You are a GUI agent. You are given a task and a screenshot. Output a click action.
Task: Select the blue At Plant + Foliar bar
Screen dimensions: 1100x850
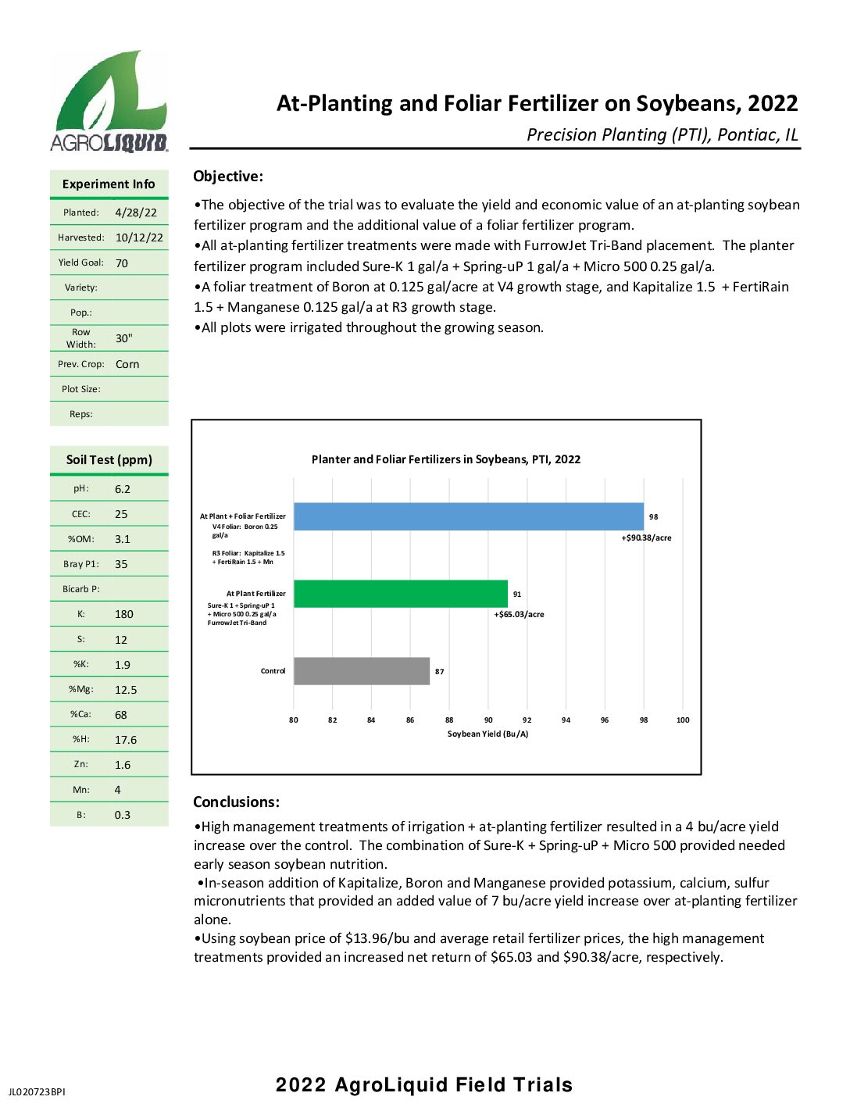pyautogui.click(x=468, y=516)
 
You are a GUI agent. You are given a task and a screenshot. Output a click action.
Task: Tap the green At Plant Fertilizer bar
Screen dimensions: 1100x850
pyautogui.click(x=400, y=594)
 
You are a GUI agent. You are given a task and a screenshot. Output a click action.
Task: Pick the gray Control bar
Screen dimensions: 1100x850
pyautogui.click(x=361, y=671)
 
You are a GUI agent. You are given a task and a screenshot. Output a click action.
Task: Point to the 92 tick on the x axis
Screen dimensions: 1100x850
pyautogui.click(x=527, y=720)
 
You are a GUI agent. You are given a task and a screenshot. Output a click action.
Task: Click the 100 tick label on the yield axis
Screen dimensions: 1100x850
pyautogui.click(x=682, y=720)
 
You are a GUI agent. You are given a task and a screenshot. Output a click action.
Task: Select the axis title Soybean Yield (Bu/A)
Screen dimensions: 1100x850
pyautogui.click(x=487, y=734)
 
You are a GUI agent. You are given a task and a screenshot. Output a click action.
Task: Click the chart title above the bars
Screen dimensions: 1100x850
pyautogui.click(x=445, y=459)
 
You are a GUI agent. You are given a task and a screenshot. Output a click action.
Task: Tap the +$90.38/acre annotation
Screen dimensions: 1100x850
pyautogui.click(x=646, y=537)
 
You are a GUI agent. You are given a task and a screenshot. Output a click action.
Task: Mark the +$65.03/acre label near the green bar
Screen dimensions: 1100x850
pyautogui.click(x=519, y=614)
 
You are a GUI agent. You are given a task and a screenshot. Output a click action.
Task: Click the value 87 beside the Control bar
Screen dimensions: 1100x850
pyautogui.click(x=440, y=672)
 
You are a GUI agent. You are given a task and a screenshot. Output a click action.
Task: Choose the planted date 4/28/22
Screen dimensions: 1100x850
pyautogui.click(x=136, y=212)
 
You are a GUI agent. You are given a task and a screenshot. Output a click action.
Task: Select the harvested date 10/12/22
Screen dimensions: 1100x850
pyautogui.click(x=139, y=237)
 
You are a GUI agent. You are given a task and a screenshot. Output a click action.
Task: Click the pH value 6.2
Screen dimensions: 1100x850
pyautogui.click(x=123, y=489)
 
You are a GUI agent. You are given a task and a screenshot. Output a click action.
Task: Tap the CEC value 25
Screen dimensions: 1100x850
pyautogui.click(x=121, y=514)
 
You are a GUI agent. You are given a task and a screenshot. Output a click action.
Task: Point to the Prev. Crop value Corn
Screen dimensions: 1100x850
pyautogui.click(x=127, y=364)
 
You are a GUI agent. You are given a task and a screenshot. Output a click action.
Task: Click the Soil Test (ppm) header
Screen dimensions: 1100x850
pyautogui.click(x=109, y=459)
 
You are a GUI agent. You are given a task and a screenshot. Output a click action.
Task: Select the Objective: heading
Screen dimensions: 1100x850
pyautogui.click(x=228, y=177)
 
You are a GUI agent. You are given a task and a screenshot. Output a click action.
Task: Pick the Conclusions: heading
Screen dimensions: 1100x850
pyautogui.click(x=236, y=802)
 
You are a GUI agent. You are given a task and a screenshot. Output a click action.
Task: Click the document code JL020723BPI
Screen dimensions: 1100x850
pyautogui.click(x=37, y=1091)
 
